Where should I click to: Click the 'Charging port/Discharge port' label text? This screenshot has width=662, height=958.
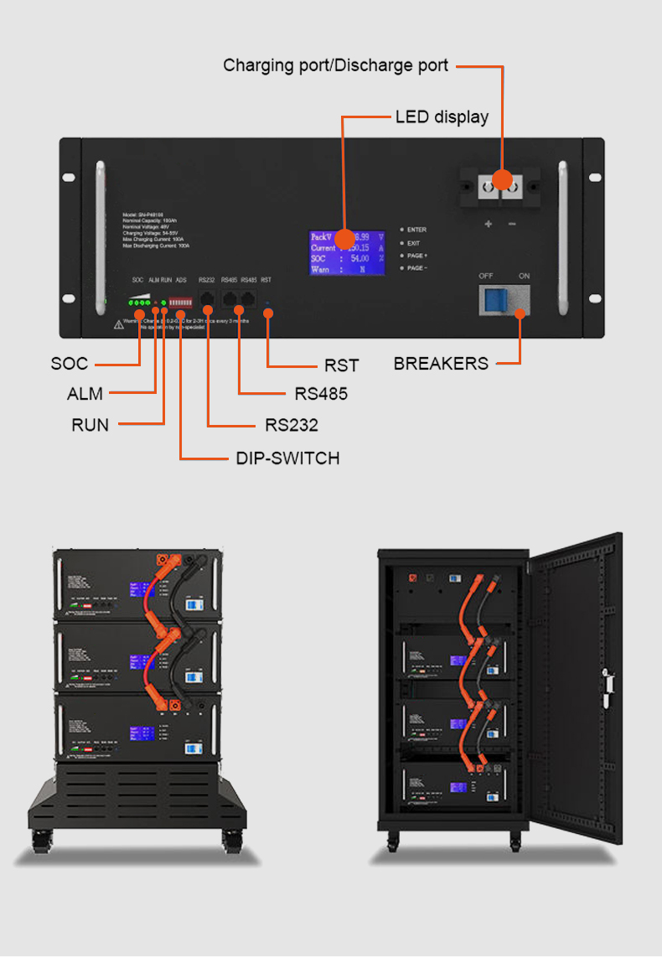point(335,65)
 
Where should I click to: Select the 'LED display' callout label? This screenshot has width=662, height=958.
point(442,117)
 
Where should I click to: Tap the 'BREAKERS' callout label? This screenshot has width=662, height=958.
point(441,364)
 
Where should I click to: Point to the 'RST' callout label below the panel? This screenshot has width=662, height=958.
point(341,365)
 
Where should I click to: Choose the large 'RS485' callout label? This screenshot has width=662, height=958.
point(321,394)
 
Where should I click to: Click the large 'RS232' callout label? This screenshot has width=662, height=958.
point(292,425)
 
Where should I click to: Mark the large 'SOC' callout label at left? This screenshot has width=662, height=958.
point(69,364)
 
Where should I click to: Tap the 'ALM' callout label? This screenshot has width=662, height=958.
point(85,394)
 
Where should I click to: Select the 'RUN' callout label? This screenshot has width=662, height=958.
point(90,425)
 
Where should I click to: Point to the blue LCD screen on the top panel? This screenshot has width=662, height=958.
point(347,252)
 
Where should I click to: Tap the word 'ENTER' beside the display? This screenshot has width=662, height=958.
point(416,229)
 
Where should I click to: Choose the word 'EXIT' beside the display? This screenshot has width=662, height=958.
point(414,242)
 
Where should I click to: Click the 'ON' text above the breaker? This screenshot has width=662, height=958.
point(525,276)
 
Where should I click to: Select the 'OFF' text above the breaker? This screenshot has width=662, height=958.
point(487,276)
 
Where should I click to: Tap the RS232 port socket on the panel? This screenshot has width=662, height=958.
point(207,298)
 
